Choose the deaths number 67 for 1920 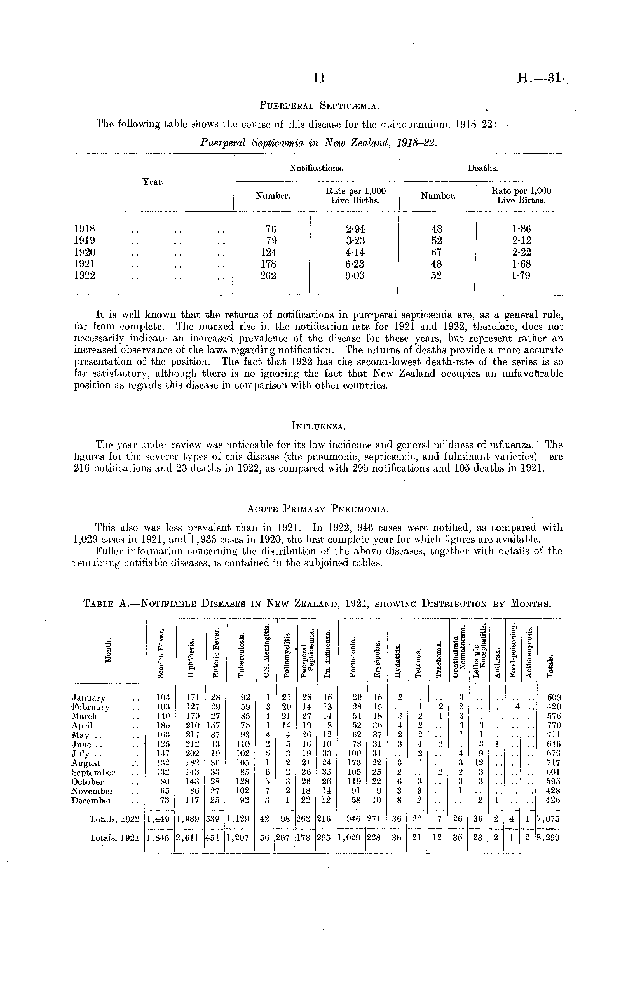pos(437,252)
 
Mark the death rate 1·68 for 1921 pos(522,264)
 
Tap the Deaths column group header pos(483,168)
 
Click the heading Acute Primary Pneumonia pos(318,509)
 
